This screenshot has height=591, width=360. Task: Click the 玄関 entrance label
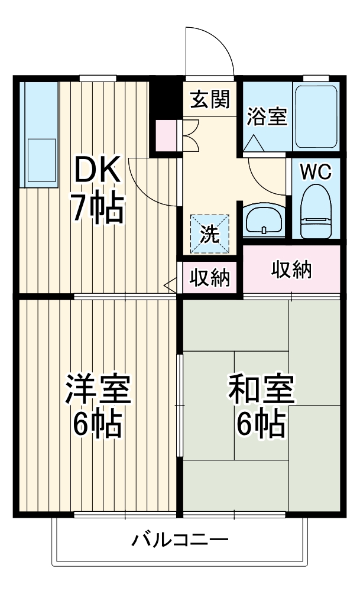click(209, 101)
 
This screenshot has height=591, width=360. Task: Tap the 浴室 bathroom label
click(267, 116)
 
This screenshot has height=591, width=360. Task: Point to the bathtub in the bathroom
click(316, 116)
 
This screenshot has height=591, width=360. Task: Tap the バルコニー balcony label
click(180, 540)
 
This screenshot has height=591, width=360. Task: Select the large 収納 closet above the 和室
click(291, 270)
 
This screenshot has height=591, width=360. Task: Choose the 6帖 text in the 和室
click(261, 423)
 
